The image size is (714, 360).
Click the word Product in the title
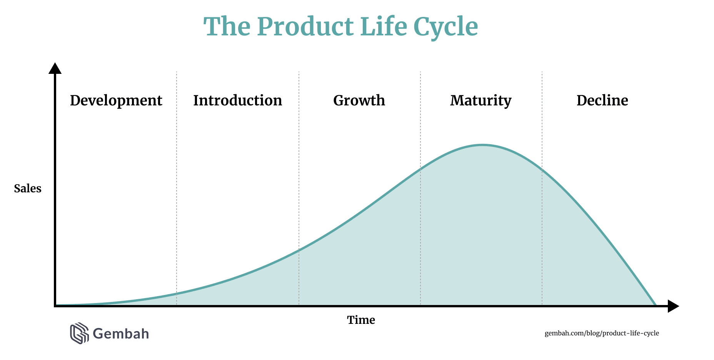click(305, 27)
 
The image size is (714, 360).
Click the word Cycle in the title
click(446, 28)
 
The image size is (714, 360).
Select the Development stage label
click(116, 101)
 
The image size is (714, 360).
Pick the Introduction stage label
click(238, 100)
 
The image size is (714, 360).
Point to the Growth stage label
click(359, 100)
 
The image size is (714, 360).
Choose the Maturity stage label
click(481, 101)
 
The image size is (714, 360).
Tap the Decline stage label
click(602, 100)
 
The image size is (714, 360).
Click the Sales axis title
click(28, 188)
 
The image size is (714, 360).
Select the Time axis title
click(361, 320)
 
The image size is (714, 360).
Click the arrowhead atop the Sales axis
click(55, 68)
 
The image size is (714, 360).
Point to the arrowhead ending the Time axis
click(674, 306)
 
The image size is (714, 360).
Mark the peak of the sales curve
click(482, 145)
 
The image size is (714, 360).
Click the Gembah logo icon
click(79, 333)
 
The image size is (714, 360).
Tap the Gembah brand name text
click(121, 333)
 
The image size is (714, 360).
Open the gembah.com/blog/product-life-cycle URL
click(602, 333)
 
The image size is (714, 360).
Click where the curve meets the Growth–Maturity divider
click(420, 168)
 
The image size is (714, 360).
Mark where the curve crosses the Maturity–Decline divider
click(542, 169)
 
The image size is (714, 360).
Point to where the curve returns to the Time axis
click(656, 305)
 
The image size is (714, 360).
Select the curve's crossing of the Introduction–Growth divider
click(299, 250)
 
